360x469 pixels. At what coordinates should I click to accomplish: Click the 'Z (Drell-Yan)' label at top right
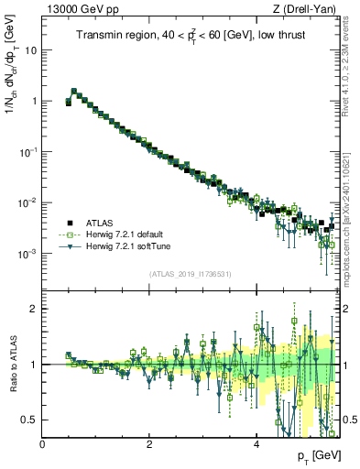pyautogui.click(x=308, y=9)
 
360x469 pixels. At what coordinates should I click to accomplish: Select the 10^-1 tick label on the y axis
pyautogui.click(x=30, y=152)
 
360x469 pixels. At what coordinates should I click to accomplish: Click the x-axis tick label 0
pyautogui.click(x=42, y=444)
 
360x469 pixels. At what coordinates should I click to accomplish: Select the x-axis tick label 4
pyautogui.click(x=256, y=444)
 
